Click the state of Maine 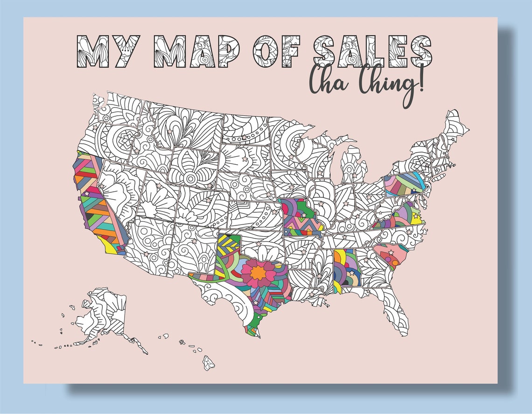[455, 126]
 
